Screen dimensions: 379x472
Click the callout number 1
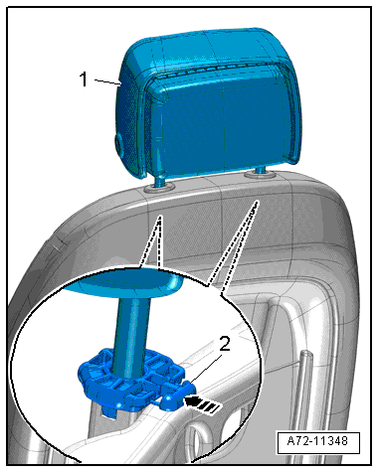tap(84, 79)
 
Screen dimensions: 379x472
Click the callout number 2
tap(225, 344)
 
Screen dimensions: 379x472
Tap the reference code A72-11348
tap(317, 441)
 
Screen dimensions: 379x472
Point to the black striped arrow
tap(203, 404)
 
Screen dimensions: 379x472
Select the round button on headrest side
tap(118, 143)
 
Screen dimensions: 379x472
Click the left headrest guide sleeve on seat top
tap(159, 187)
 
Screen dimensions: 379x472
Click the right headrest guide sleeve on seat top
tap(261, 174)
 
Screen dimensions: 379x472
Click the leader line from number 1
tap(107, 81)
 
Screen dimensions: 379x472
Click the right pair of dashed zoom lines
tap(232, 246)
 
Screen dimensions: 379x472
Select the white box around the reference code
tap(318, 442)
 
